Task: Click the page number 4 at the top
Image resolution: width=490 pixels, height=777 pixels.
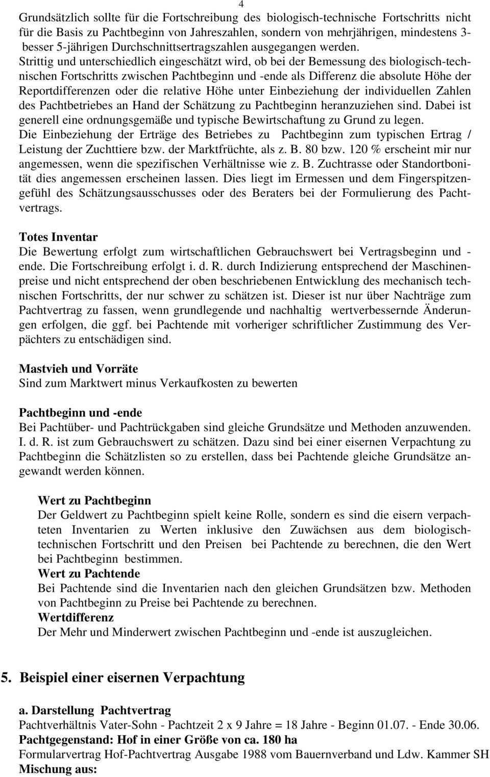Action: click(x=240, y=4)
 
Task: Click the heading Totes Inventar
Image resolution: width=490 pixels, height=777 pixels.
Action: click(x=58, y=237)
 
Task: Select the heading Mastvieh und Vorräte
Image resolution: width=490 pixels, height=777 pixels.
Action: click(x=78, y=368)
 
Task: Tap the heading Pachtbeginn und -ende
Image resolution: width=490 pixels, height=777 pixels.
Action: click(x=80, y=412)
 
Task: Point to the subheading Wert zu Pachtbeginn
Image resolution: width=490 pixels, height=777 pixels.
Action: click(x=94, y=500)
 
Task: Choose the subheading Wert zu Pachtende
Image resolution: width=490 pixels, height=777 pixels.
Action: click(x=89, y=573)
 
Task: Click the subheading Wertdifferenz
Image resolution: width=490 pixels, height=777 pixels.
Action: click(x=76, y=617)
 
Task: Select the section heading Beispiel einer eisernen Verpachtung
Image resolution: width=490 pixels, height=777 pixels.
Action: click(x=132, y=678)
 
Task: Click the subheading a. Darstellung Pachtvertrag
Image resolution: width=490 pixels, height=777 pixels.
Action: click(x=95, y=710)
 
